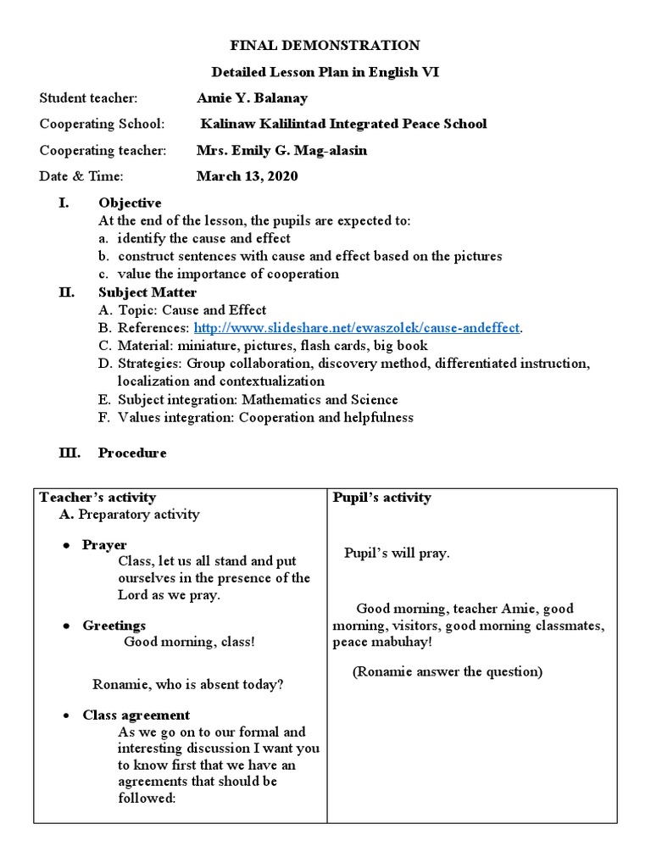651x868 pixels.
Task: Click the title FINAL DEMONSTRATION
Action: point(325,45)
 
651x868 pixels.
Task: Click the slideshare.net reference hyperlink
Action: point(356,328)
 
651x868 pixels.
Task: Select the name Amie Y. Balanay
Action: point(252,98)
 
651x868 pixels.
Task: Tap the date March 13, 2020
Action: point(247,176)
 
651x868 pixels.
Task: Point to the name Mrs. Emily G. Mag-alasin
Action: point(282,150)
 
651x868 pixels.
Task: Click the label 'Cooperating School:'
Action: point(103,125)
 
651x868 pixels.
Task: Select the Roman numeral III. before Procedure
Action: point(69,453)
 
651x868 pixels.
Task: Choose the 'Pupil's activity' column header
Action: point(381,498)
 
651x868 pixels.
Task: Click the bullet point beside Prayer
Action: point(65,546)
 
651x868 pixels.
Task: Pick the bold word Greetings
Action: point(114,626)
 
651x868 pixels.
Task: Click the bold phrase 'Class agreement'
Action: point(136,715)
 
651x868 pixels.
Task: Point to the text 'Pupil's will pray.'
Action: point(397,554)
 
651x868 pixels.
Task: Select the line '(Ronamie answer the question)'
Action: point(448,672)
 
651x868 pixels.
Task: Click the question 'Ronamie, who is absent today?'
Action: point(187,685)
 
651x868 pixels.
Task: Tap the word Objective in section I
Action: point(130,203)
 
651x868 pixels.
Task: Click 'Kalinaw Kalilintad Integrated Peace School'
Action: point(343,125)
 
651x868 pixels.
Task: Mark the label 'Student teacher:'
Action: point(88,98)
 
